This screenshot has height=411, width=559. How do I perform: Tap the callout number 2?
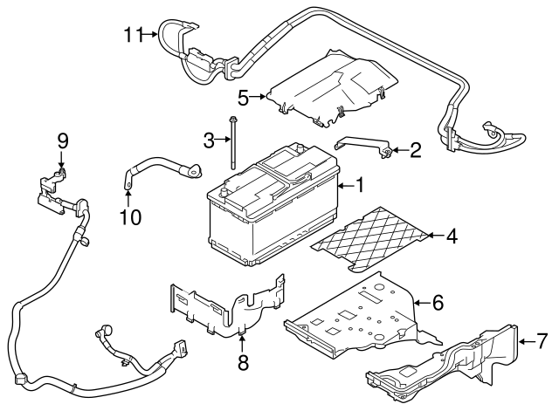(x=416, y=150)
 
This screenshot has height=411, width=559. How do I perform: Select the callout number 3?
(x=208, y=139)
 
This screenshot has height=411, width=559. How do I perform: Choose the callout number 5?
(x=244, y=96)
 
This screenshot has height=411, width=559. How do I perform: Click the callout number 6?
(x=438, y=302)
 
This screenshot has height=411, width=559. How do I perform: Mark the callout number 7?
(x=542, y=339)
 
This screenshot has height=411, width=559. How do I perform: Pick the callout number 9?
(x=61, y=140)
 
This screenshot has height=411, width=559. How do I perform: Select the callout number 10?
(x=130, y=215)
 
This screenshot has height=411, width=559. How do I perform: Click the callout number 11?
(x=132, y=34)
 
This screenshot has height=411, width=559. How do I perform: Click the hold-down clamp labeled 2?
(x=362, y=145)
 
